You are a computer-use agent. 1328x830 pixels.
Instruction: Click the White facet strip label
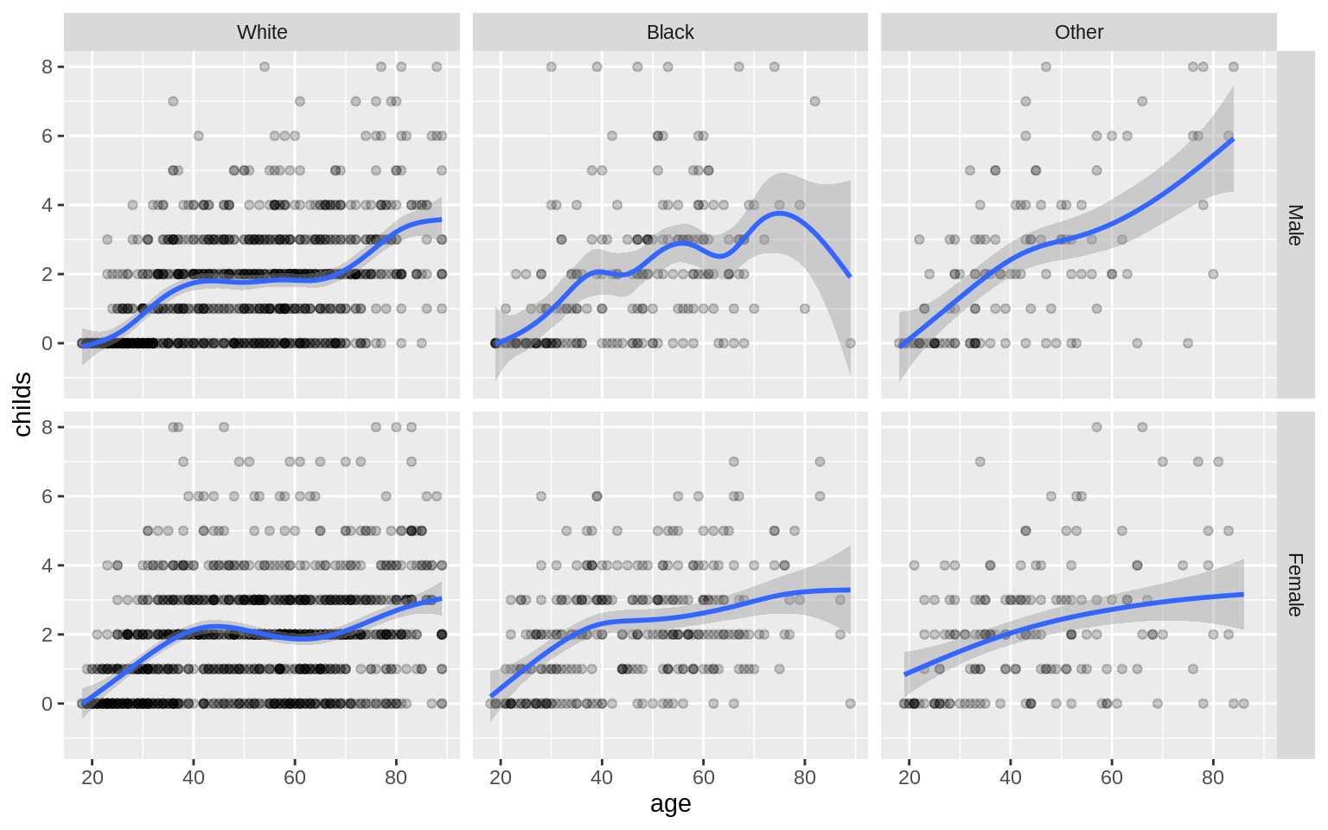tap(262, 32)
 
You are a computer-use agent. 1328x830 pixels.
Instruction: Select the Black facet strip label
tap(670, 32)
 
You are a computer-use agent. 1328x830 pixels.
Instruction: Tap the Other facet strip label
tap(1079, 32)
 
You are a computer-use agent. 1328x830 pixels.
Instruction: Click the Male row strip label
tap(1295, 225)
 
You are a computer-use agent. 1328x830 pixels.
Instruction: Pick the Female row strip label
tap(1295, 585)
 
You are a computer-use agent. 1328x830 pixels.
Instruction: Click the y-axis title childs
tap(22, 405)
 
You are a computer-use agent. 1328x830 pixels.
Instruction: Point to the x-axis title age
tap(670, 804)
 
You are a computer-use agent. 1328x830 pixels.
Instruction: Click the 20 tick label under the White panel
tap(93, 777)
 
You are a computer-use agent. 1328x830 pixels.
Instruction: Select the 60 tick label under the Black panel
tap(704, 777)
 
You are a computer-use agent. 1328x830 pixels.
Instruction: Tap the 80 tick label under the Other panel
tap(1213, 777)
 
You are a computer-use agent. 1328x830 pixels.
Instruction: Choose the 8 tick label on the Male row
tap(47, 67)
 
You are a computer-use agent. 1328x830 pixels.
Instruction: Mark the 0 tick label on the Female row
tap(47, 704)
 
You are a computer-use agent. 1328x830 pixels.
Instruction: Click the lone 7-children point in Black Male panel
tap(814, 101)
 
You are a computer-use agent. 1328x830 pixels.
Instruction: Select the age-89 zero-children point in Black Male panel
tap(850, 343)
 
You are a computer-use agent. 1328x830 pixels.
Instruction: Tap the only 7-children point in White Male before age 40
tap(173, 101)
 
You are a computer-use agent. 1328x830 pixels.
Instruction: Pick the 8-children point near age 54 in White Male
tap(265, 67)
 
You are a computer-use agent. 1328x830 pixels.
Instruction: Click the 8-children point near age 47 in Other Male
tap(1046, 67)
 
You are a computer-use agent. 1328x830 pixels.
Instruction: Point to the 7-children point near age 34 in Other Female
tap(980, 462)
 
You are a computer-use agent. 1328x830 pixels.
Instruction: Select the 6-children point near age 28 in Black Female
tap(541, 496)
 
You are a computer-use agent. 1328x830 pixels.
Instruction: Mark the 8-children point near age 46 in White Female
tap(224, 427)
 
